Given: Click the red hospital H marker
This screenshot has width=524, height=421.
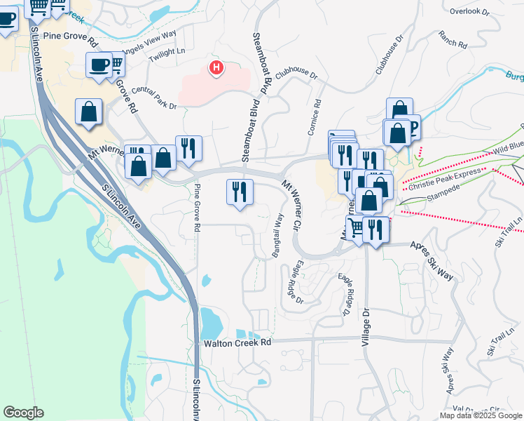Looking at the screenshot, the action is (x=216, y=68).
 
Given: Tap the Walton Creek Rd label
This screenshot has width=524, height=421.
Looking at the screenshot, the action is (x=237, y=343).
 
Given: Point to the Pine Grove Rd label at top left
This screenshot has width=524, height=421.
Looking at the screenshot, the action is (x=68, y=34).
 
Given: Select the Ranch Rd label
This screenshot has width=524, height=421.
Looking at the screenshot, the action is (x=453, y=39).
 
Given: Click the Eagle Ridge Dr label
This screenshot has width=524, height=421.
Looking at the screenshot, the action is (x=295, y=282).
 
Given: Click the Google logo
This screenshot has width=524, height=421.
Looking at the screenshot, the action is (x=23, y=412).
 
